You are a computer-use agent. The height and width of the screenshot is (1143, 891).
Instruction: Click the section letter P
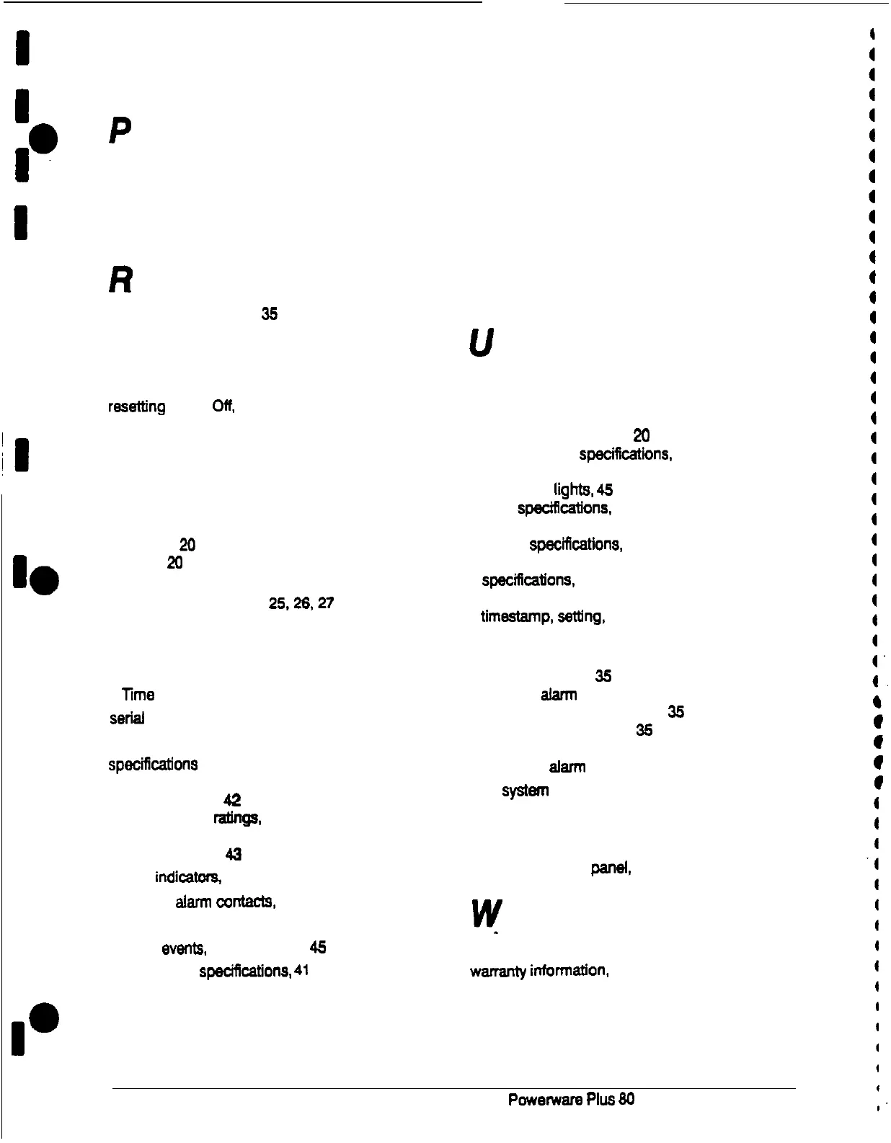(x=121, y=130)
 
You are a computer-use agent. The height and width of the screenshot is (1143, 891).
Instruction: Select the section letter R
(x=120, y=280)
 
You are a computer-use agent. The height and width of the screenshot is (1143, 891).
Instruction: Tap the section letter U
(x=481, y=344)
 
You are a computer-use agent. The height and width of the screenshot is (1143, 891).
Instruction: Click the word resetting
(x=136, y=407)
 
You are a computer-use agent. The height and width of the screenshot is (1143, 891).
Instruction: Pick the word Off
(x=223, y=407)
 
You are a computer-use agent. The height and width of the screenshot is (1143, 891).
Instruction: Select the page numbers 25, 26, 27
(x=301, y=603)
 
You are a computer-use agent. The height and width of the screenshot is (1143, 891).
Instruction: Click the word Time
(x=138, y=695)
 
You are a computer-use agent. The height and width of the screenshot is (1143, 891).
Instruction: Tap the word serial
(x=127, y=719)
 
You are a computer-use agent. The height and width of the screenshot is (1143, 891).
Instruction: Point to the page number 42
(x=231, y=800)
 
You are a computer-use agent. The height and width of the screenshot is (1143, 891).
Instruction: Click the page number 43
(x=233, y=855)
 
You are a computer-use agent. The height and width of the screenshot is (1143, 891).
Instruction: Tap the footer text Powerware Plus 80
(x=571, y=1099)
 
